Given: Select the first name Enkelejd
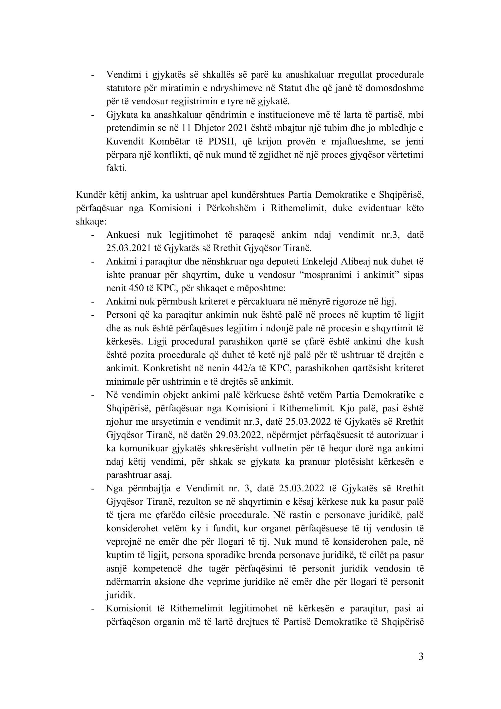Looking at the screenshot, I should pyautogui.click(x=320, y=262).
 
